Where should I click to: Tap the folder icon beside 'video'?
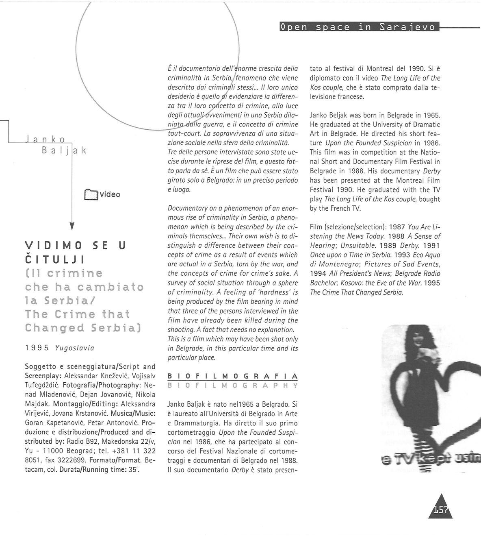coord(91,194)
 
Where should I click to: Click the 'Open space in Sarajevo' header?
coord(358,27)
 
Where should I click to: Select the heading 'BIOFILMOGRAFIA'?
coord(232,376)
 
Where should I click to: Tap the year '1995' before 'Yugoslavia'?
coord(37,348)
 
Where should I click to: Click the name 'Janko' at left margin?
coord(45,139)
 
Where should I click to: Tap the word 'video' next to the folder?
coord(110,194)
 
